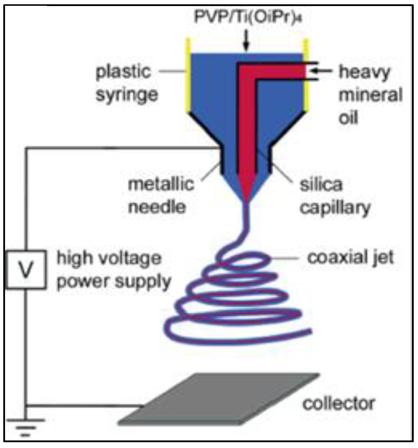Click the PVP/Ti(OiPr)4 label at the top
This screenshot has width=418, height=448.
coord(248,17)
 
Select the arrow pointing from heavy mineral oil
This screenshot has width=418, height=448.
coord(321,71)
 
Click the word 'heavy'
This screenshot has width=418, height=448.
coord(364,73)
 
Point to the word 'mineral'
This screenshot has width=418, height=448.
coord(370,95)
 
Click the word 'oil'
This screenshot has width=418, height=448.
coord(348,118)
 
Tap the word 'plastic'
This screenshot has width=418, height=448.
coord(123,72)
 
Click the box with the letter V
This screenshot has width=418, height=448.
coord(26,269)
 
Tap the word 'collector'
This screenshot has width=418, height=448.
coord(339,404)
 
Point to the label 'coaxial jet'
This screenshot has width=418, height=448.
coord(350,258)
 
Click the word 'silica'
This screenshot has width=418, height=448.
coord(321,185)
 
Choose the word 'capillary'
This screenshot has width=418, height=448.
coord(335,208)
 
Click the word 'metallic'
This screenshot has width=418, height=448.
coord(161,184)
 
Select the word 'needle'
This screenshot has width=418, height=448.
coord(157,207)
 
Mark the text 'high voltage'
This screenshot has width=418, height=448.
coord(109,258)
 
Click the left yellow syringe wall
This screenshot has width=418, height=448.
coord(188,76)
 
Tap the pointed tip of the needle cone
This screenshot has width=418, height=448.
coord(247,201)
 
